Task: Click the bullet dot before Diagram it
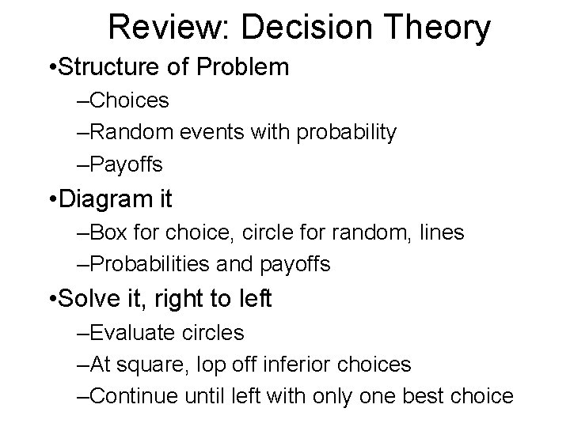[x=51, y=199]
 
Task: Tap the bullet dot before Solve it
[x=51, y=299]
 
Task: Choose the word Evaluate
[x=133, y=333]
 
